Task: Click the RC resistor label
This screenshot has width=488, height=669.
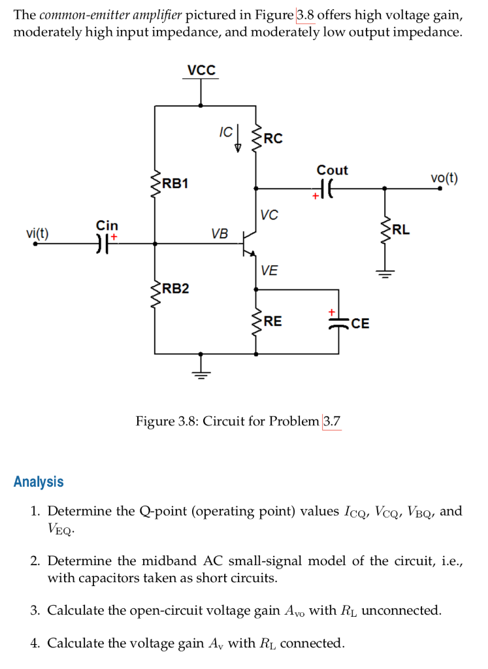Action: pyautogui.click(x=273, y=139)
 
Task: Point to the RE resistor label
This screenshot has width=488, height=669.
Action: pyautogui.click(x=273, y=321)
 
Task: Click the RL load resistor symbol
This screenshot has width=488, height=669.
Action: pyautogui.click(x=384, y=229)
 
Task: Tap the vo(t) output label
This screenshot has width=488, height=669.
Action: pyautogui.click(x=444, y=178)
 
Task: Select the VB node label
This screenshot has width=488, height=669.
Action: pyautogui.click(x=220, y=233)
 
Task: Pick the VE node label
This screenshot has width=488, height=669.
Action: pyautogui.click(x=268, y=270)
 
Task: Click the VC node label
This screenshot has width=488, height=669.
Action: pyautogui.click(x=268, y=214)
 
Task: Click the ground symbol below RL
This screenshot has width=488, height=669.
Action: pyautogui.click(x=384, y=274)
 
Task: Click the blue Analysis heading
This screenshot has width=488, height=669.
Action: pyautogui.click(x=39, y=482)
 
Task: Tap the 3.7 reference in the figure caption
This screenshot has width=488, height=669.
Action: pyautogui.click(x=332, y=421)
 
